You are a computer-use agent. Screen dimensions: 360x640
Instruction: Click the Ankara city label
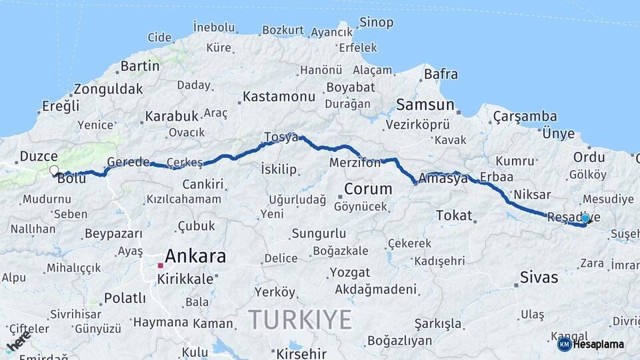click(195, 256)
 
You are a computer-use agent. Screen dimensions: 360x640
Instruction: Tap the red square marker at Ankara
click(160, 265)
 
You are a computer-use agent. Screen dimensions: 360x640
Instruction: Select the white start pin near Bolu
click(54, 171)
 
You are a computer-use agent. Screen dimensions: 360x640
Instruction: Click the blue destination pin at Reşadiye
click(585, 218)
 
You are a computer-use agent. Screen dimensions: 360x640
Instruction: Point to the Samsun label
click(425, 105)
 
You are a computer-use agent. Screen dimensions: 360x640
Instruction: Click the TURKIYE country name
click(301, 320)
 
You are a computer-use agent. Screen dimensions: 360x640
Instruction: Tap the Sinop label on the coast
click(376, 23)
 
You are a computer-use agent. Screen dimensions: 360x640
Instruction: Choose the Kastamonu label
click(279, 97)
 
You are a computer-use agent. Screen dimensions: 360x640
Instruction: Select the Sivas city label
click(539, 276)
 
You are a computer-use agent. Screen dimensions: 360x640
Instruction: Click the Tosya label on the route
click(281, 137)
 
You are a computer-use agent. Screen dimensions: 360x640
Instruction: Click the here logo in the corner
click(18, 342)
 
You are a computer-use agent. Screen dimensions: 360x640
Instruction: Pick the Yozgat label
click(349, 273)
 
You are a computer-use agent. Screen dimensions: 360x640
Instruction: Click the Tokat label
click(454, 215)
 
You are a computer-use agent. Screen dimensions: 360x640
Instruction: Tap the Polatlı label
click(125, 298)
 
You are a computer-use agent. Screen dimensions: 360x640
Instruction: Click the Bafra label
click(441, 74)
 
